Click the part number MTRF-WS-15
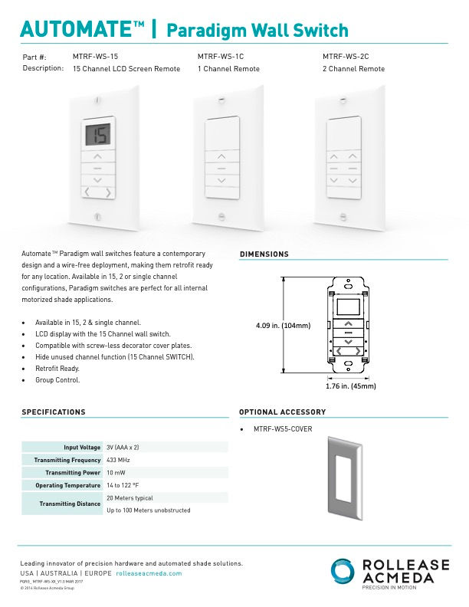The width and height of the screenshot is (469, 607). tap(95, 57)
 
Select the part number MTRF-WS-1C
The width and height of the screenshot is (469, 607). tap(221, 57)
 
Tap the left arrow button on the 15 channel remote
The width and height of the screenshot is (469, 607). tap(87, 192)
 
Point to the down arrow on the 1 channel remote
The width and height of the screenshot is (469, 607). tap(221, 180)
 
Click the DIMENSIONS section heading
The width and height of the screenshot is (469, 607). tap(264, 254)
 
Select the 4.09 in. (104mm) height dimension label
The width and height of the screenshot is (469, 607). tap(283, 326)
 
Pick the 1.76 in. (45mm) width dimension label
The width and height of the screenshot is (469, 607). tap(351, 386)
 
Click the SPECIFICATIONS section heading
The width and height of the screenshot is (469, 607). tap(53, 412)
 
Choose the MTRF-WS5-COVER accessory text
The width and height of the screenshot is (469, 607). tap(282, 429)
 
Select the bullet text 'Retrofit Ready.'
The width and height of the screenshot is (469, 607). tap(57, 368)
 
